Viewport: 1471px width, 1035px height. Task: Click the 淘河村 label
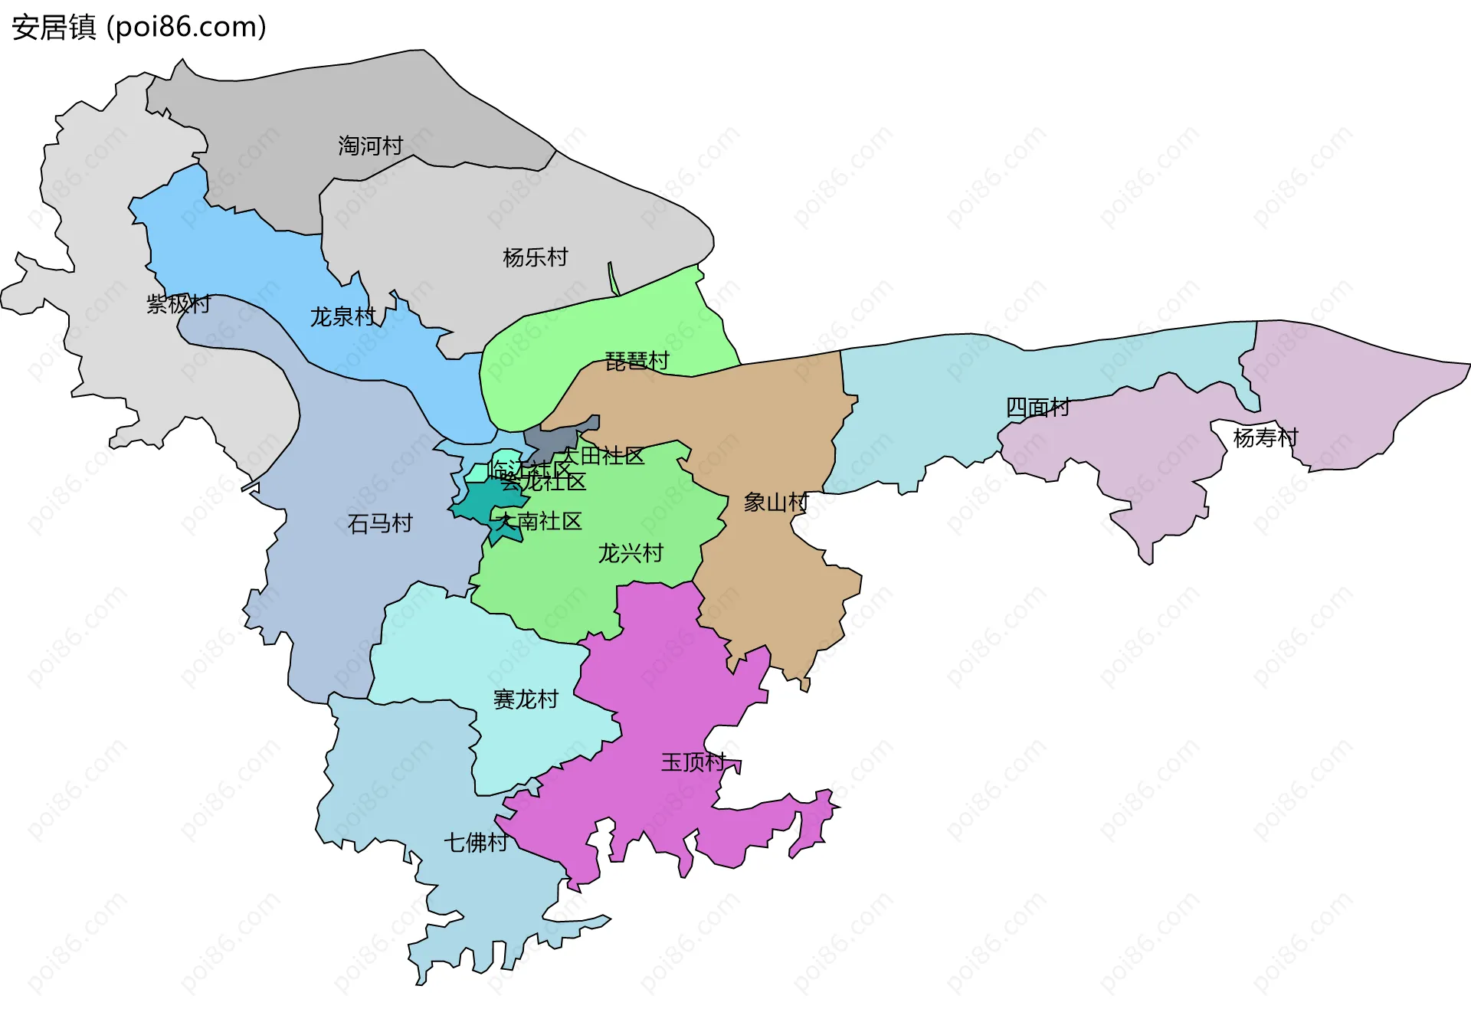(371, 146)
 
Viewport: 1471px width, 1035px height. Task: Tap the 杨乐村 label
(536, 257)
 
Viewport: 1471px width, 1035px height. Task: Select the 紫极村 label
(179, 304)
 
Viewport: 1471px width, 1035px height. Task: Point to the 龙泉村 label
(342, 316)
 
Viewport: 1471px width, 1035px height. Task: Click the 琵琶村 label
(637, 361)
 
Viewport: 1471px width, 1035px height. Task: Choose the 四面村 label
(1037, 407)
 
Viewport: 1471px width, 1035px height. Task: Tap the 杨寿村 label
(1266, 437)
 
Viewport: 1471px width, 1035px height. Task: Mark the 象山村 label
(776, 503)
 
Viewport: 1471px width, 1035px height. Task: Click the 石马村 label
(380, 523)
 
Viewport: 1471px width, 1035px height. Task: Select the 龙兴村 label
(631, 553)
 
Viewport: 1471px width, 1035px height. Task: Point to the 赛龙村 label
(526, 699)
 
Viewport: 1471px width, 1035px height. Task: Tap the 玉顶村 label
(693, 762)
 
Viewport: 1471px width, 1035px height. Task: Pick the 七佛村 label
(476, 843)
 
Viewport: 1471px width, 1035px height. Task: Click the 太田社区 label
(603, 456)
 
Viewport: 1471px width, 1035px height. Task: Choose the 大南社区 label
(539, 522)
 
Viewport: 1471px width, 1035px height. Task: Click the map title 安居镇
(54, 28)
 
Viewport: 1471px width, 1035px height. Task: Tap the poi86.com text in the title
(187, 28)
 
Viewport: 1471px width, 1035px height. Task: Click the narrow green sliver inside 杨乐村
(613, 279)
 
